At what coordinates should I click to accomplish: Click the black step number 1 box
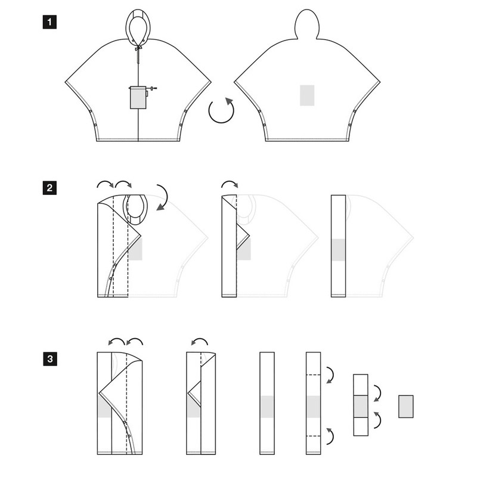49,22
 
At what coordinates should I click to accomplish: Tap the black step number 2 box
49,188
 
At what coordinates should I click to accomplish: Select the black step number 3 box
50,359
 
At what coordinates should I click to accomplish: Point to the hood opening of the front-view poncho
138,28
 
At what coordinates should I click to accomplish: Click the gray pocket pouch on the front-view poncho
138,98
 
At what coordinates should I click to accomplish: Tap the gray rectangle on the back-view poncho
307,95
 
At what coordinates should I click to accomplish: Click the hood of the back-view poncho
307,24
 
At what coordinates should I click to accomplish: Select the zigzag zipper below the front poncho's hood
138,57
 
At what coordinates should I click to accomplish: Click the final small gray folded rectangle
406,407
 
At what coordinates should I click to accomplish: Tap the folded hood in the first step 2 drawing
135,210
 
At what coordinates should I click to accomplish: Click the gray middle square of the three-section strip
361,407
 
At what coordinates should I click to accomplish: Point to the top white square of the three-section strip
361,385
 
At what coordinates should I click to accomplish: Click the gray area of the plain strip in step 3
267,407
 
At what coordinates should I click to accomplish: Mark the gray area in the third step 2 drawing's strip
338,250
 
